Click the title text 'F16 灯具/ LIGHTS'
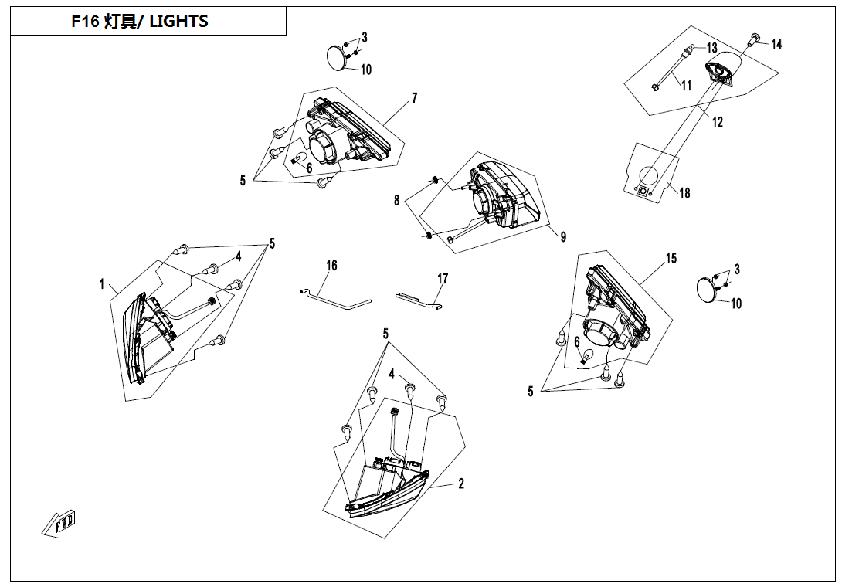[x=140, y=22]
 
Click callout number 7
[x=414, y=98]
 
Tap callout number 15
[x=671, y=258]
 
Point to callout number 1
[x=101, y=284]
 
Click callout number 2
[x=461, y=484]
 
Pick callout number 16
[x=331, y=266]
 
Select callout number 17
[x=443, y=278]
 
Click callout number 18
[x=684, y=193]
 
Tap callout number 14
[x=776, y=45]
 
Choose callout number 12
[x=718, y=122]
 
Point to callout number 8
[x=397, y=200]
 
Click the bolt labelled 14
[x=754, y=39]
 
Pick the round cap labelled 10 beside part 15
[x=706, y=289]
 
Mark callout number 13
[x=711, y=48]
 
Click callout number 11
[x=686, y=84]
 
